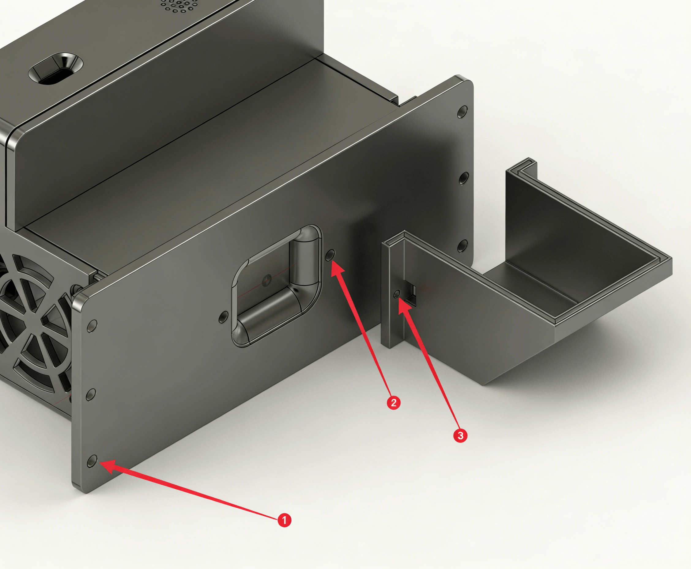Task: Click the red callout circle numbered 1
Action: click(284, 520)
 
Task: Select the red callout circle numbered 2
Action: click(394, 402)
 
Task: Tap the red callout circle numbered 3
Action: click(460, 436)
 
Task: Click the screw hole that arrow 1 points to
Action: click(92, 461)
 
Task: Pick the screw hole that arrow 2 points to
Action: click(331, 255)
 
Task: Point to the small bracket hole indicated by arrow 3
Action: click(398, 294)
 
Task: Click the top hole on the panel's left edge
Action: click(92, 326)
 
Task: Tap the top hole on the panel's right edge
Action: click(463, 112)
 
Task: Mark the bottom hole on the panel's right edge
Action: click(462, 245)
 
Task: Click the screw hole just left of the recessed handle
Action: click(224, 317)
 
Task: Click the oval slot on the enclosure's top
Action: click(56, 68)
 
